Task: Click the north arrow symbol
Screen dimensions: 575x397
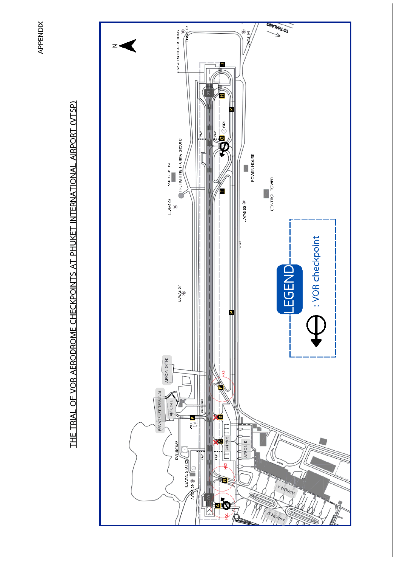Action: pos(128,46)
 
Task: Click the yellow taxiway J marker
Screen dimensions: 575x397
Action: pos(223,64)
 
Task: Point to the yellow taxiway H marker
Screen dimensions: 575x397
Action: pos(222,96)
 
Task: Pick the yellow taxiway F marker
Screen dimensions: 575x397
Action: pos(222,191)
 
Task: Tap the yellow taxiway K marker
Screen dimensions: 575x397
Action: pos(192,418)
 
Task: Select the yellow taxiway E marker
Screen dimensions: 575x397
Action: pos(221,387)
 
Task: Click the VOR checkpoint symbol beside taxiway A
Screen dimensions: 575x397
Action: pos(226,504)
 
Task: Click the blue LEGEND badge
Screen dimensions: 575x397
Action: pos(289,289)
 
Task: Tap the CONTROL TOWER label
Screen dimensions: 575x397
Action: pos(272,194)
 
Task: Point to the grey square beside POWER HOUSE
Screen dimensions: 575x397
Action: pos(246,168)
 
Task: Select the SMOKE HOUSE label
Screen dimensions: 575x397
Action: pos(169,174)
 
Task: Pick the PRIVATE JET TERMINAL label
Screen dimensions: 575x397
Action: pos(160,410)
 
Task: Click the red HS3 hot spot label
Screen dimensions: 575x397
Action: pos(223,373)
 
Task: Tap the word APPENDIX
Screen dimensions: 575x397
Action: pos(41,37)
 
